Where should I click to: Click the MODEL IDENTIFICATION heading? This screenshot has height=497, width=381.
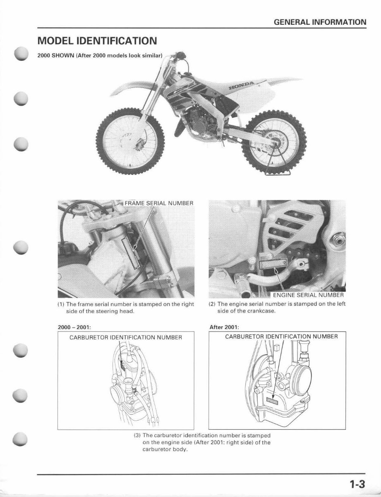click(97, 41)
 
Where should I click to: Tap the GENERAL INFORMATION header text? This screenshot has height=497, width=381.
click(321, 22)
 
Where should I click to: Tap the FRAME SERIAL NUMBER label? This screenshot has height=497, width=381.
click(159, 203)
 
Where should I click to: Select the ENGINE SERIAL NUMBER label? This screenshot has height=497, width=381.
click(308, 295)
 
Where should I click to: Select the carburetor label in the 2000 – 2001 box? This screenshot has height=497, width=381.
click(125, 337)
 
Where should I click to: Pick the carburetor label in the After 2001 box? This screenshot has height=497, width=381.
click(281, 337)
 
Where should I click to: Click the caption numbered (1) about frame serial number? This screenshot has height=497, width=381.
click(125, 307)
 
